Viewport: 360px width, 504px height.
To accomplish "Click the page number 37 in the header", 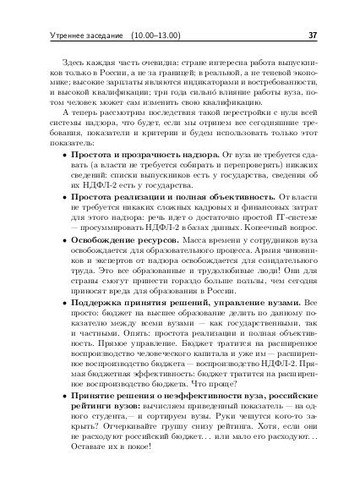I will [x=313, y=36].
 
